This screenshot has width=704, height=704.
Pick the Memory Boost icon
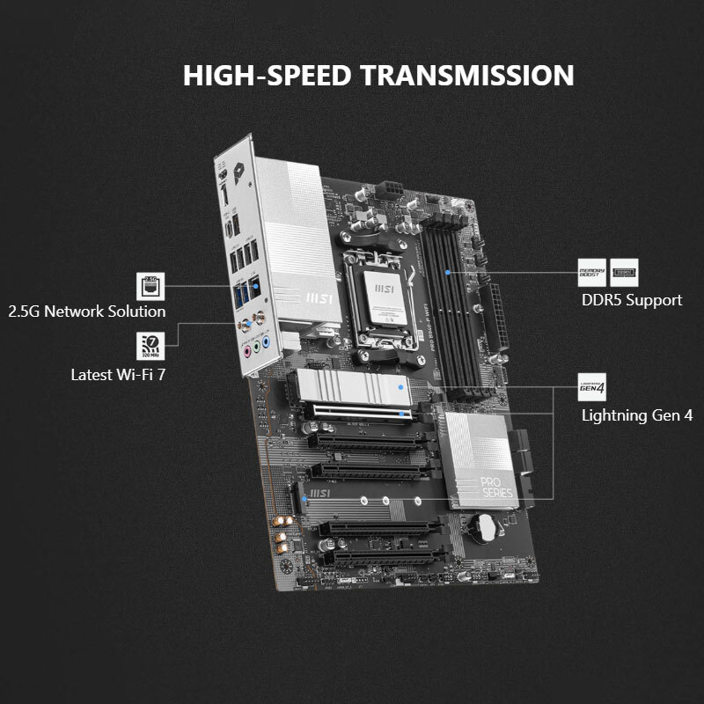591,270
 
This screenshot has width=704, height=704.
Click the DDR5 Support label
631,300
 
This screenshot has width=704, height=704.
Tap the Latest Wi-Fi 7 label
118,374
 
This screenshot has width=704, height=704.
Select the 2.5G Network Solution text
86,312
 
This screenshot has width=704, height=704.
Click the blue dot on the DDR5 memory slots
449,274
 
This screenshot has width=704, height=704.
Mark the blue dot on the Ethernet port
255,284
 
